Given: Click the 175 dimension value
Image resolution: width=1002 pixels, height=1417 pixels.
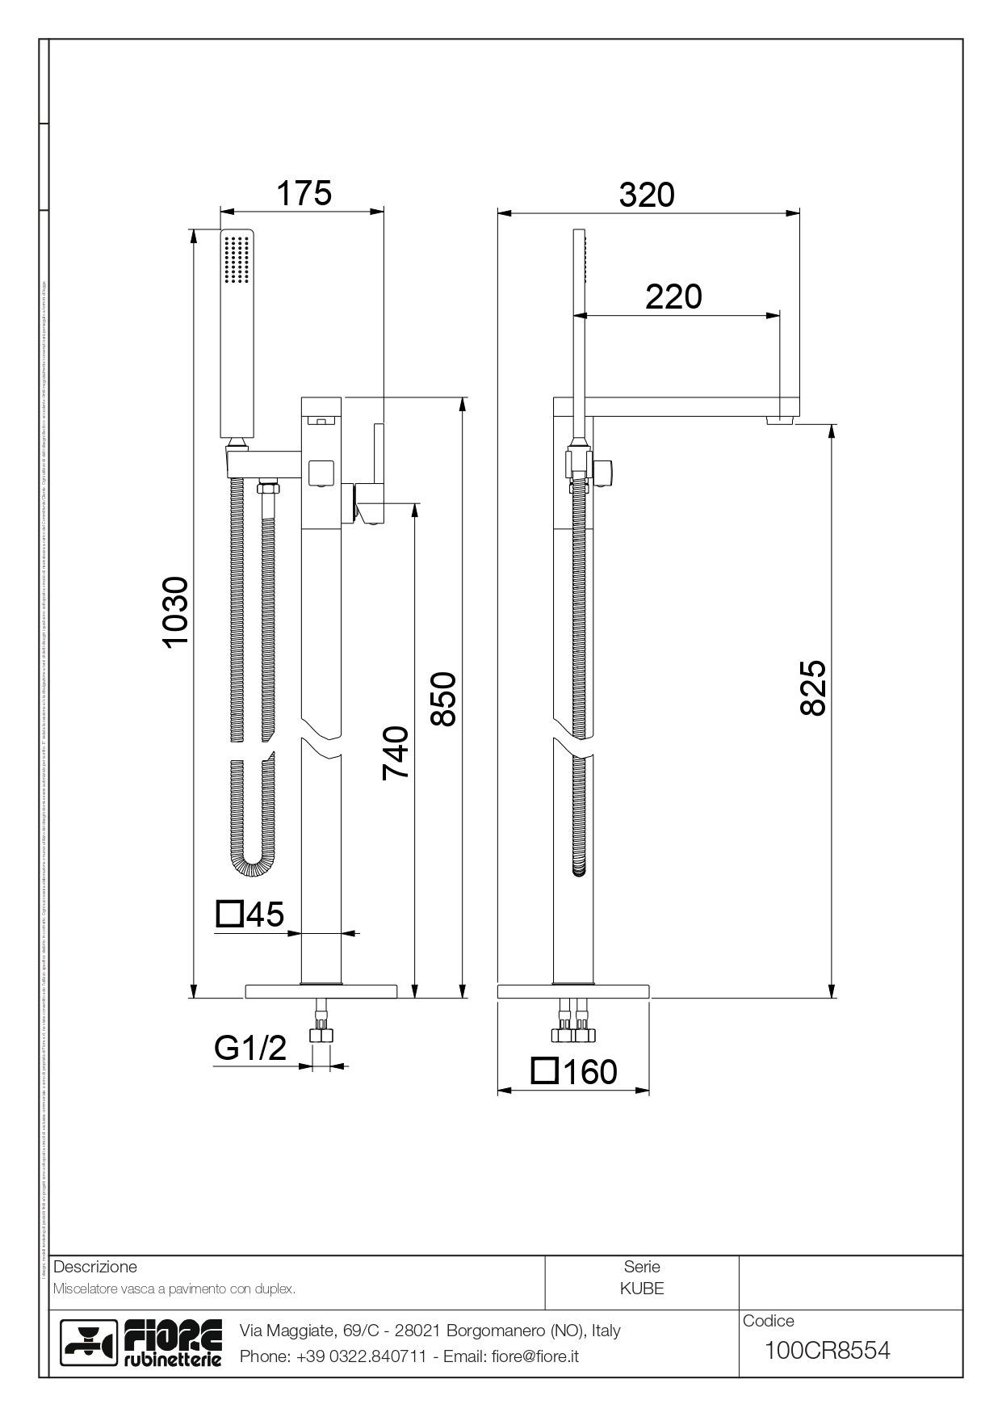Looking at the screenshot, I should click(x=304, y=194).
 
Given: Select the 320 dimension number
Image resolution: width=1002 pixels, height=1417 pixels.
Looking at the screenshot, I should click(x=647, y=195).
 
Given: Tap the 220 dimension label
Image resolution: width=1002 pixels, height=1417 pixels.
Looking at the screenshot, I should click(x=673, y=297).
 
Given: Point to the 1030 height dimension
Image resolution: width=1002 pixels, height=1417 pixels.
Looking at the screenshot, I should click(x=175, y=612).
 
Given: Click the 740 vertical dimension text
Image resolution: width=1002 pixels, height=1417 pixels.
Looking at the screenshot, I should click(x=396, y=753).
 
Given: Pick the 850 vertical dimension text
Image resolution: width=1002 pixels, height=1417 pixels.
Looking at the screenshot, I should click(x=444, y=699).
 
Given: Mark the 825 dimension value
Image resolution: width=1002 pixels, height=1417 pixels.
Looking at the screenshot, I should click(x=813, y=687).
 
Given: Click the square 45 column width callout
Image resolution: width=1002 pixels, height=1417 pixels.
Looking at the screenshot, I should click(x=251, y=915).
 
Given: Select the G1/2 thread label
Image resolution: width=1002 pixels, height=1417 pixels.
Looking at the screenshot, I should click(x=250, y=1048).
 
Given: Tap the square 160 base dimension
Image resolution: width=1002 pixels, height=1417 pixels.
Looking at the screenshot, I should click(x=575, y=1071).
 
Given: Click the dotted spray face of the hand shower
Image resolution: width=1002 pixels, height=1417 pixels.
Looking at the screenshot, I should click(x=237, y=259).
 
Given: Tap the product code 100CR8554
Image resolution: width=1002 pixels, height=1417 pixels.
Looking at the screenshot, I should click(x=827, y=1350).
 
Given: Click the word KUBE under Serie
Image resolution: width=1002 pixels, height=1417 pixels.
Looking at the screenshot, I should click(x=642, y=1289).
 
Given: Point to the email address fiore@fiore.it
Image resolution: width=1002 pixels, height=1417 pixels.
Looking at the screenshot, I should click(x=535, y=1356).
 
